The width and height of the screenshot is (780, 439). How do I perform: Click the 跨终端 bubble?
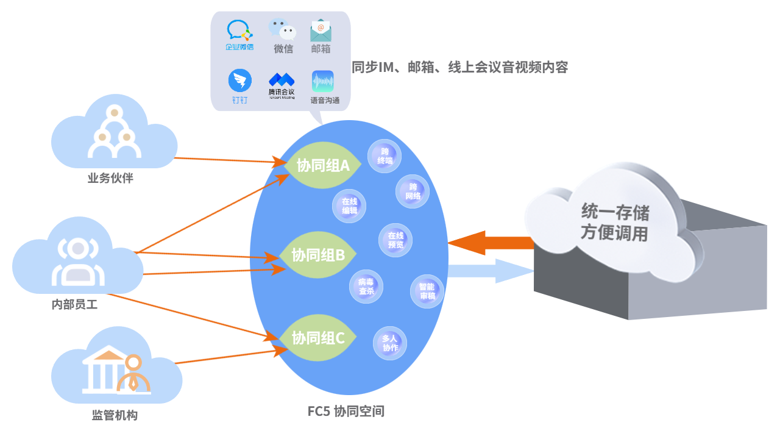pyautogui.click(x=385, y=156)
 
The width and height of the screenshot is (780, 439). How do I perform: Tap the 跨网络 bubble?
pyautogui.click(x=413, y=191)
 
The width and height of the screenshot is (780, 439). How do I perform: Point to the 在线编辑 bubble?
pyautogui.click(x=349, y=206)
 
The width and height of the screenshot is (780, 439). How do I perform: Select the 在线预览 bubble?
pyautogui.click(x=395, y=240)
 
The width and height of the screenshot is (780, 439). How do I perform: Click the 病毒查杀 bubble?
pyautogui.click(x=366, y=287)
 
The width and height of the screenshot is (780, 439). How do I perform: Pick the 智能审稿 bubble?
pyautogui.click(x=427, y=291)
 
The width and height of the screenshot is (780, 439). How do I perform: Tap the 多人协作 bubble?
pyautogui.click(x=390, y=343)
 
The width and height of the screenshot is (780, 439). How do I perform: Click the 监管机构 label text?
pyautogui.click(x=115, y=416)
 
